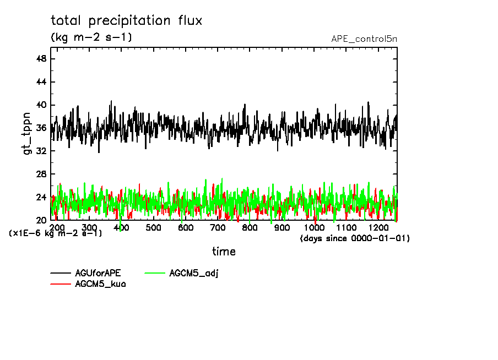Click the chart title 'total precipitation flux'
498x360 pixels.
[127, 21]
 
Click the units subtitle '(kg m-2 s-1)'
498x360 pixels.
[91, 37]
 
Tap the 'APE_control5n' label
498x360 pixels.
[364, 39]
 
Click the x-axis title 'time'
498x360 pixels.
[224, 252]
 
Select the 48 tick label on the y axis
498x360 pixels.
[41, 59]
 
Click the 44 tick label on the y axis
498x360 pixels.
[41, 82]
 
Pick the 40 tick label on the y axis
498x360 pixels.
[41, 105]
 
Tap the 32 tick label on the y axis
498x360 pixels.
[41, 151]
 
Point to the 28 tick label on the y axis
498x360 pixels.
[41, 174]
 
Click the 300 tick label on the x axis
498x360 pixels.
[89, 228]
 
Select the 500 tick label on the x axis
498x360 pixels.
[154, 228]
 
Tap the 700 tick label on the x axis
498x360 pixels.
[218, 228]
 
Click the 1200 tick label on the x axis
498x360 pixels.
[378, 228]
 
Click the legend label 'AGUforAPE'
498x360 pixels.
[98, 273]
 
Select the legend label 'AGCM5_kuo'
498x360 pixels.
[100, 284]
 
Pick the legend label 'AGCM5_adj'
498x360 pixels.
[194, 273]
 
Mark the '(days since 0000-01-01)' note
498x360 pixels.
[355, 238]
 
